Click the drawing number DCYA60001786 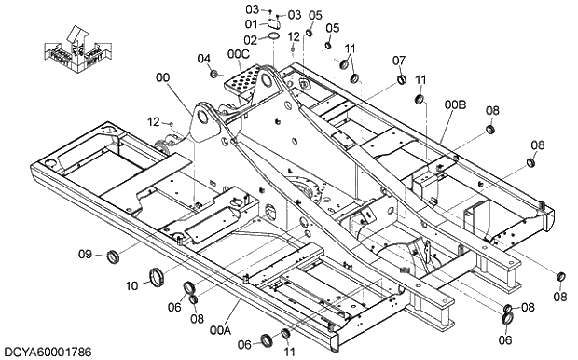48,352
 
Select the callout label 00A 220,329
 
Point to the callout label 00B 454,105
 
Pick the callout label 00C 239,54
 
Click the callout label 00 164,80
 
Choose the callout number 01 251,24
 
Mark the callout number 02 251,39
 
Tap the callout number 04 203,60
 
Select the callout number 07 398,61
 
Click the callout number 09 85,255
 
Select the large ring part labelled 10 156,276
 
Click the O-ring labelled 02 273,37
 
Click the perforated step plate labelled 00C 239,85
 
